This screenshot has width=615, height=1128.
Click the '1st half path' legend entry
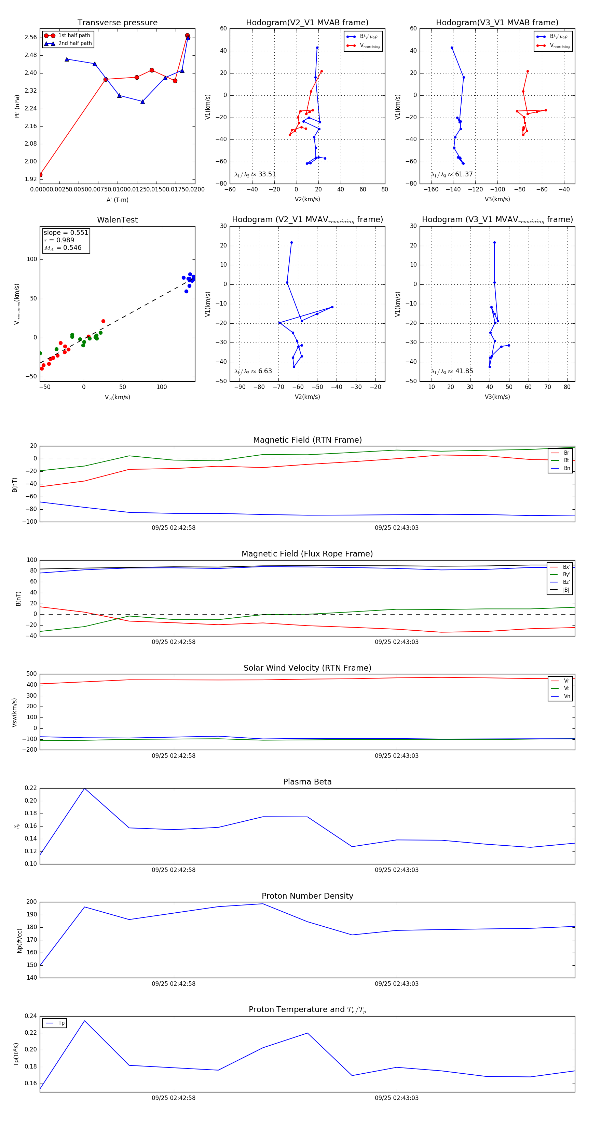pos(73,36)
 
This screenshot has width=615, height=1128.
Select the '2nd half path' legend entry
pos(74,43)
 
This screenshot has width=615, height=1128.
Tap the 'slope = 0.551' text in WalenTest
pos(66,232)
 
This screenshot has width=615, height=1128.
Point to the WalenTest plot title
pos(117,220)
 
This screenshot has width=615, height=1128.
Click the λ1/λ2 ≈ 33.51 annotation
pos(255,174)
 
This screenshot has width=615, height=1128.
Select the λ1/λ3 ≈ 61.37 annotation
pos(452,174)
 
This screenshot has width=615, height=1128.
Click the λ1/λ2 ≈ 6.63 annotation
pos(253,371)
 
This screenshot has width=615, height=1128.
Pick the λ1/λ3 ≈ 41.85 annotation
pos(452,371)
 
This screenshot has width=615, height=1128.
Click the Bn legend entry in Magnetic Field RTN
pos(566,468)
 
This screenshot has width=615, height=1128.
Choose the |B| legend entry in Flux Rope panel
pos(566,590)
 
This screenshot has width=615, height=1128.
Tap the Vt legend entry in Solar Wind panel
pos(566,688)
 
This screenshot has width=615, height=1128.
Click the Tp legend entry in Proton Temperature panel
pos(61,1023)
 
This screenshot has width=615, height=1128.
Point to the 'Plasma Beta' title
pos(307,782)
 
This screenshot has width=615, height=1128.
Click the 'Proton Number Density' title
pos(307,896)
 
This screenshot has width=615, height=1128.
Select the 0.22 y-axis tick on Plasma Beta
pos(31,788)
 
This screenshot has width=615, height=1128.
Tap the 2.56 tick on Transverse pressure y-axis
pos(31,37)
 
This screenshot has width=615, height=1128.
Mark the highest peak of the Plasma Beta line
pos(84,788)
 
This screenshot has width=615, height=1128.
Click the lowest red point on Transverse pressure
pos(40,175)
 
